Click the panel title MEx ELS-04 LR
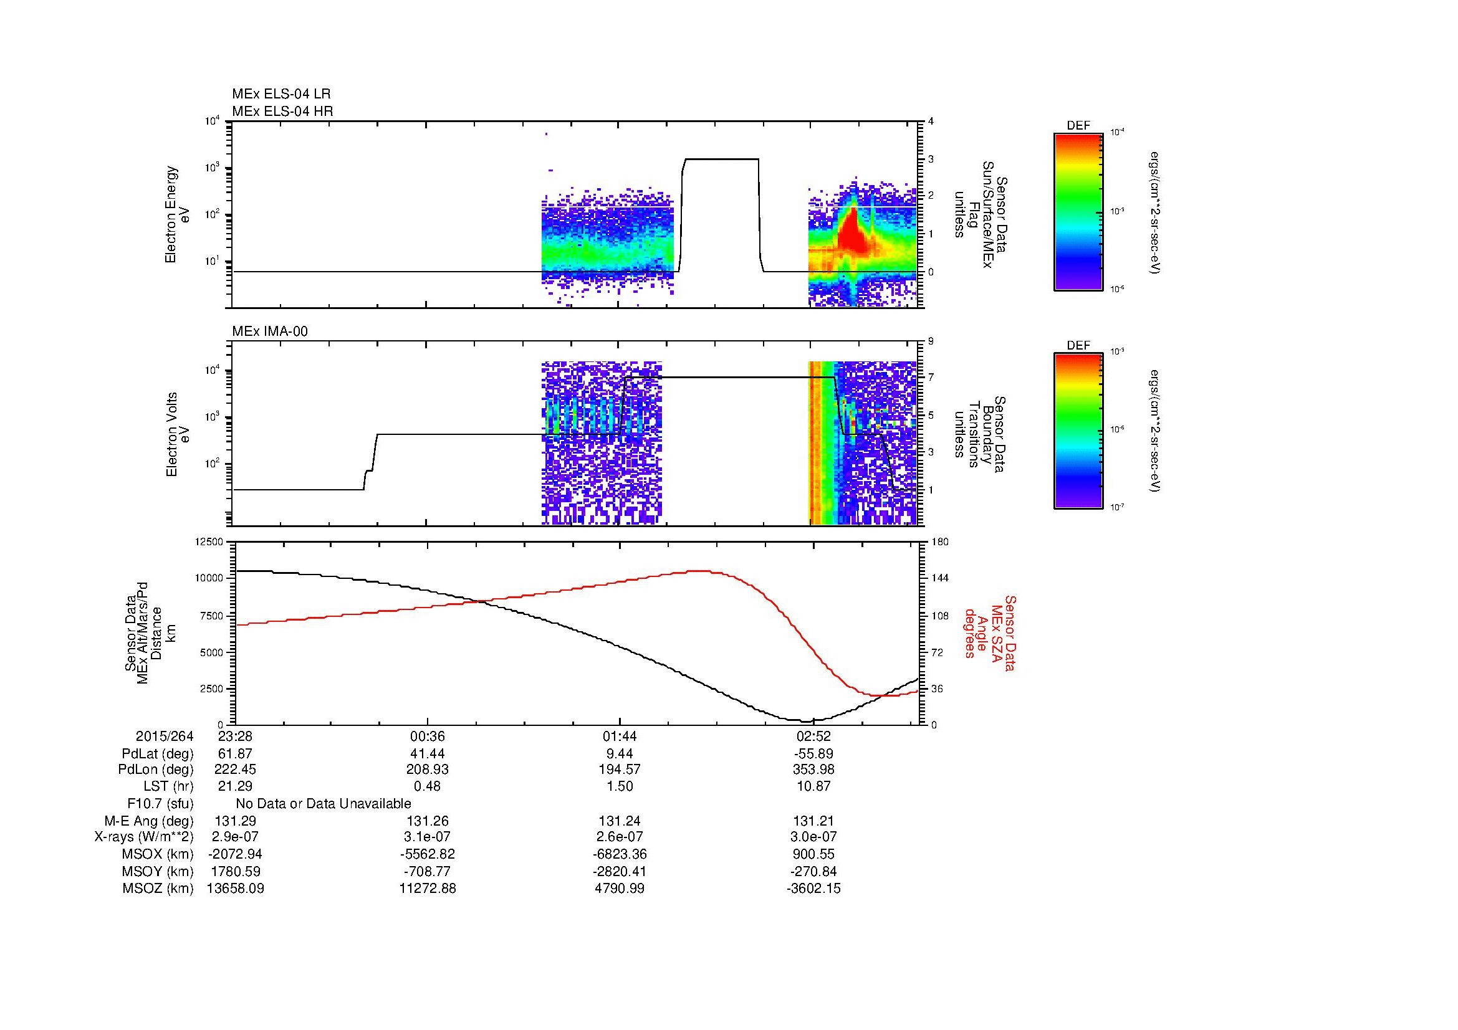tap(281, 94)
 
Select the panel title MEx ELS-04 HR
tap(282, 111)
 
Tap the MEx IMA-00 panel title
tap(270, 331)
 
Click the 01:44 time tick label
tap(620, 737)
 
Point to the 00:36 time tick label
tap(428, 737)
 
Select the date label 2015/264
tap(165, 737)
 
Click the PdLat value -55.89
tap(813, 754)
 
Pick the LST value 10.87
tap(813, 786)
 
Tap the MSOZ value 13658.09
tap(236, 889)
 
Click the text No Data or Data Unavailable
tap(324, 804)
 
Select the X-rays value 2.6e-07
tap(620, 837)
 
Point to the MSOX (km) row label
tap(158, 855)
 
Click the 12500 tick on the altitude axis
tap(209, 541)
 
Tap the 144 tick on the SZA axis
tap(939, 578)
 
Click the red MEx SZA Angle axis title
tap(990, 633)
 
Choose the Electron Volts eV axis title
tap(178, 434)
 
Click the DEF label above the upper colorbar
tap(1078, 126)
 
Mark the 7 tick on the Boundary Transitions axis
tap(931, 378)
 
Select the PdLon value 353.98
tap(813, 770)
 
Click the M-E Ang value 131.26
tap(428, 821)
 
